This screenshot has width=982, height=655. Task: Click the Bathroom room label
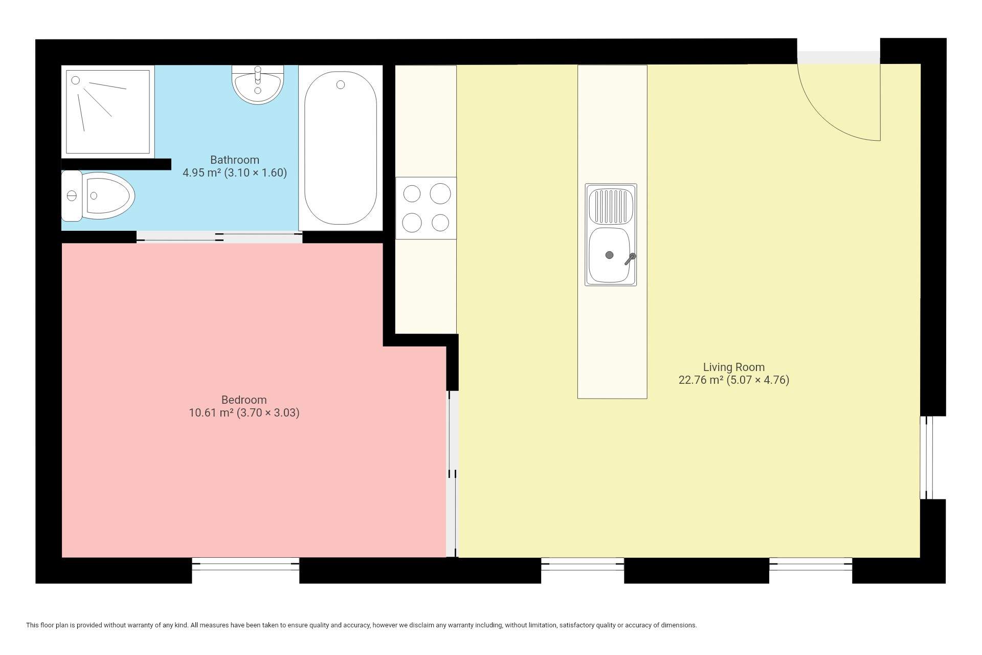(235, 160)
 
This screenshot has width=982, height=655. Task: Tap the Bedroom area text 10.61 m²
(211, 412)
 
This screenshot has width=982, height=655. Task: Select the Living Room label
(734, 367)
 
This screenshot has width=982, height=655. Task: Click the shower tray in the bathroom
(108, 112)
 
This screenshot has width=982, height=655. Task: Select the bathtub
(341, 148)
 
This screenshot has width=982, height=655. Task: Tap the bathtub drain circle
(341, 85)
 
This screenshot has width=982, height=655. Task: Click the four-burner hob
(426, 208)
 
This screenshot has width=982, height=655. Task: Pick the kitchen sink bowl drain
(609, 255)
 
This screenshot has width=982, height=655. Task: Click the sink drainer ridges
(611, 206)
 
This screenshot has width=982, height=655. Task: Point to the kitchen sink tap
(630, 259)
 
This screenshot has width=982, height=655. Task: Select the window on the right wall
(926, 457)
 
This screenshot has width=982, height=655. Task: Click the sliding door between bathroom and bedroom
(219, 236)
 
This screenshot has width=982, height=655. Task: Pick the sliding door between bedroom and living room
(452, 474)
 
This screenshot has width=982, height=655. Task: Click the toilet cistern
(72, 195)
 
